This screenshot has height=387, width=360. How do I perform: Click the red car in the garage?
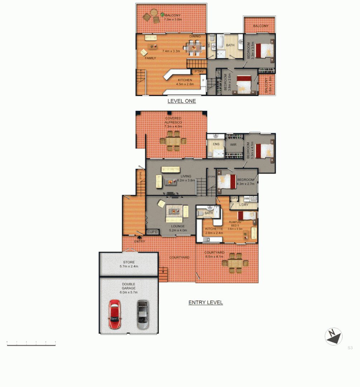tap(115, 315)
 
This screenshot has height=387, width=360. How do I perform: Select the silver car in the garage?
tap(143, 315)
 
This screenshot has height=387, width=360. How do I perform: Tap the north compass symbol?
tap(333, 337)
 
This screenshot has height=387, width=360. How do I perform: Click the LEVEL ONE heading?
tap(182, 101)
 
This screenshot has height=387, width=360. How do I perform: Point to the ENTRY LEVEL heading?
tap(206, 302)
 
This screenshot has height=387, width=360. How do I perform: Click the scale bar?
tap(31, 344)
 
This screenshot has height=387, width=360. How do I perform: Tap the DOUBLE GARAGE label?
tap(129, 288)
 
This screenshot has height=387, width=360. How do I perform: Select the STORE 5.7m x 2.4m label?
tap(129, 264)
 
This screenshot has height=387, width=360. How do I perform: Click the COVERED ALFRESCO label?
tap(173, 122)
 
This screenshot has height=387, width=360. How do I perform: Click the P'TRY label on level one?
tap(199, 71)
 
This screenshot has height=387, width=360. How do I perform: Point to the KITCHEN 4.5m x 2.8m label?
tap(184, 82)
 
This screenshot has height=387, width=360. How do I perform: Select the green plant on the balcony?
tap(163, 15)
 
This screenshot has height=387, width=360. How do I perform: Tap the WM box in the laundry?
tap(246, 198)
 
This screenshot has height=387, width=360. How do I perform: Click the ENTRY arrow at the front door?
tap(139, 236)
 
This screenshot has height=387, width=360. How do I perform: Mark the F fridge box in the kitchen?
tap(203, 81)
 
